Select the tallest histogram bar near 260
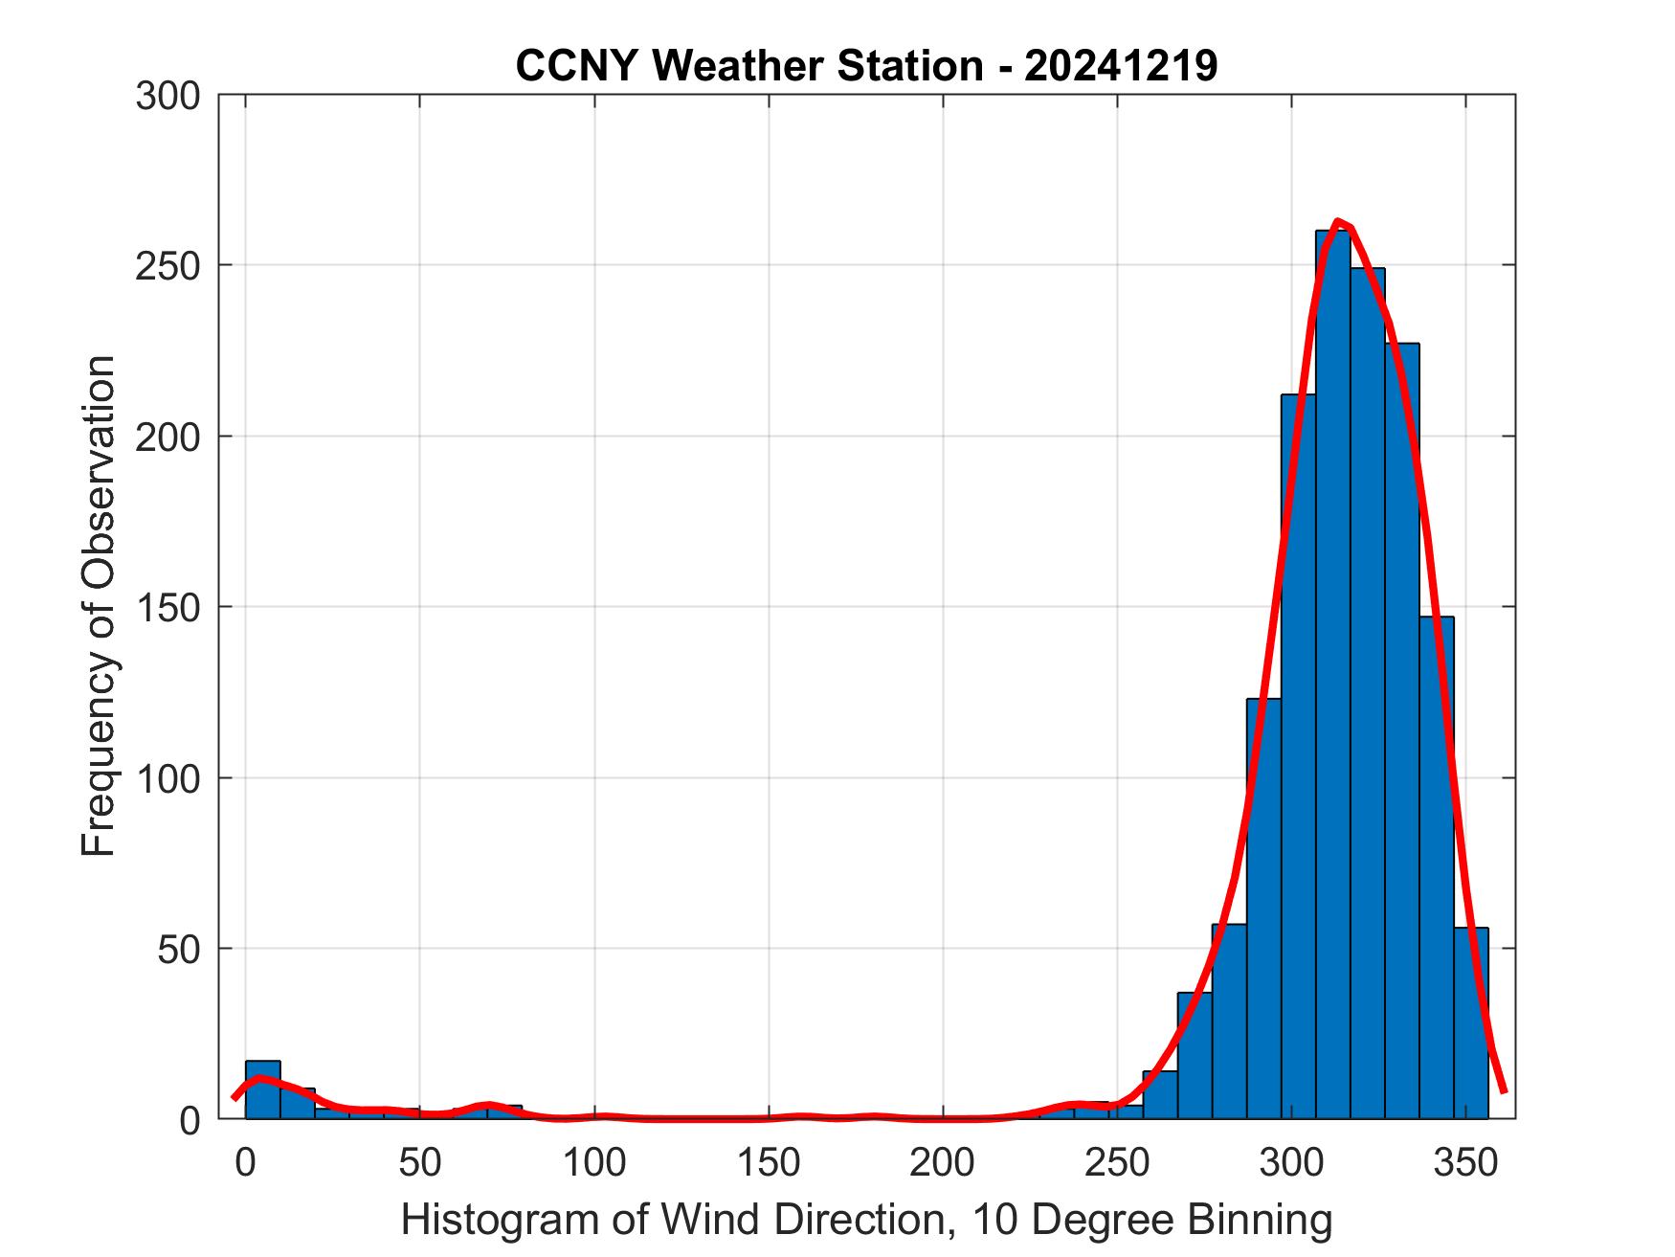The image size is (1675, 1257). [1332, 670]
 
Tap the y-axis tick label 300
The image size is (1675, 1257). [167, 96]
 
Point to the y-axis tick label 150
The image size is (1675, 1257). [167, 607]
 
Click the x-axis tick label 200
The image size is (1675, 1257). [943, 1162]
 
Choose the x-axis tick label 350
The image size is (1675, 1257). [1465, 1162]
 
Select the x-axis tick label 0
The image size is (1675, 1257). [246, 1162]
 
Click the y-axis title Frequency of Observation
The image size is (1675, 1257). [99, 607]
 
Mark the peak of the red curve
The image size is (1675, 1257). [1338, 222]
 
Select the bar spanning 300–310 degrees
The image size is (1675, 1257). [1298, 756]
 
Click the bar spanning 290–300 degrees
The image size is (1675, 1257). [1263, 909]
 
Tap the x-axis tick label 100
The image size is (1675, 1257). [594, 1162]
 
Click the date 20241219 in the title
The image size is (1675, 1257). [1121, 66]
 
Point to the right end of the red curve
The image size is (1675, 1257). [1504, 1089]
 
